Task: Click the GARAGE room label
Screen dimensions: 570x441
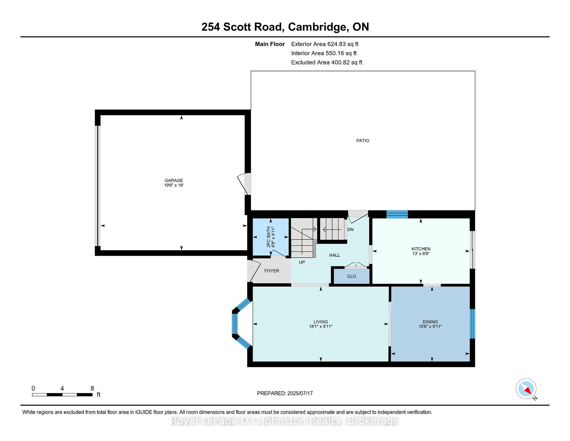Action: [x=174, y=180]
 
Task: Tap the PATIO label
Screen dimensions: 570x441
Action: [x=363, y=141]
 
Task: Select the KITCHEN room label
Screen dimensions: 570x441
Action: [x=421, y=249]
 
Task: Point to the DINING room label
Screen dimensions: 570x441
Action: [x=430, y=322]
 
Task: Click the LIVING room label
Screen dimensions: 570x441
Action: [x=321, y=322]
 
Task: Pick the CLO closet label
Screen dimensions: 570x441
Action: [x=351, y=276]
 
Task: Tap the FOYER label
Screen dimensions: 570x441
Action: [x=272, y=271]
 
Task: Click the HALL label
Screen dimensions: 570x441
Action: [x=335, y=255]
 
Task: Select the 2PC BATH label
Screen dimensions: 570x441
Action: [x=269, y=237]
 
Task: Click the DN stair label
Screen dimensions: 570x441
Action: [x=350, y=229]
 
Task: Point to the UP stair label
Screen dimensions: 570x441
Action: [x=302, y=262]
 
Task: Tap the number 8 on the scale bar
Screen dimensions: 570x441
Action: [x=92, y=388]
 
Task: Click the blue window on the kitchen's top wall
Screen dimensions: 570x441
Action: [x=397, y=214]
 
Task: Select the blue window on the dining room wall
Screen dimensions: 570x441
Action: [x=472, y=324]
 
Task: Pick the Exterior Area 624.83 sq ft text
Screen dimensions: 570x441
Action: [x=325, y=44]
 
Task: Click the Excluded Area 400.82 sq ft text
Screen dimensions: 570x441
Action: [x=327, y=62]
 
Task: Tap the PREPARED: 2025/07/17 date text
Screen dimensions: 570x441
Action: [x=285, y=393]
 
